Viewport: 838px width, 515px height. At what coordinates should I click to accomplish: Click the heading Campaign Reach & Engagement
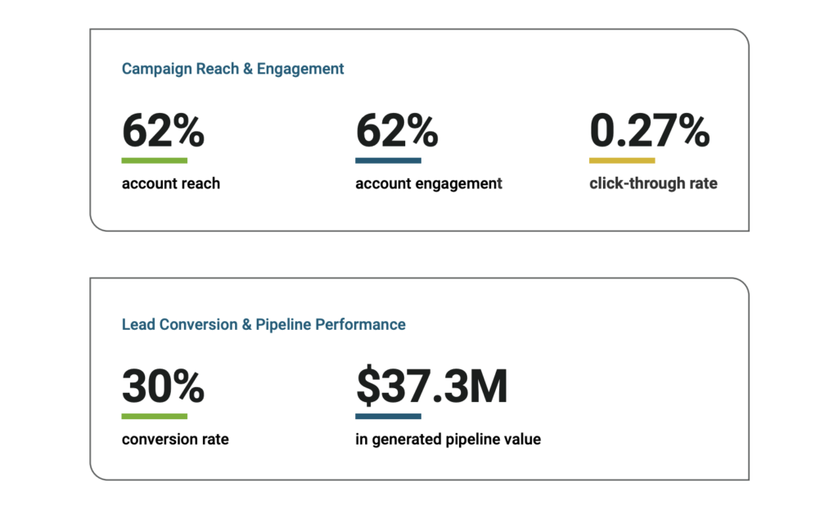click(x=232, y=70)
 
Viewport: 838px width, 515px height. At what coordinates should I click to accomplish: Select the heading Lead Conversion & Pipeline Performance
click(x=264, y=325)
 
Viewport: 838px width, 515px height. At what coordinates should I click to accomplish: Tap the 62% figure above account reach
click(x=163, y=131)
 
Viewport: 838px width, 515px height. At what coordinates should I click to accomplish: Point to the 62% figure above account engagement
click(x=397, y=131)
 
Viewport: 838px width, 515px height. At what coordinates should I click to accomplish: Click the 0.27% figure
click(x=649, y=131)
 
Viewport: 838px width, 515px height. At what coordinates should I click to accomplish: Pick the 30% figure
click(x=163, y=386)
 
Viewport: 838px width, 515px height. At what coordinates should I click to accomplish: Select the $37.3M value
click(x=431, y=386)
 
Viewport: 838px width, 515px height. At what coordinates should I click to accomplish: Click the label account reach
click(x=171, y=184)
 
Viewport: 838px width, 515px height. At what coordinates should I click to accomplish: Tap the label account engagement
click(x=429, y=184)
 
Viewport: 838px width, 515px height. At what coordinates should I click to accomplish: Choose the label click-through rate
click(x=653, y=184)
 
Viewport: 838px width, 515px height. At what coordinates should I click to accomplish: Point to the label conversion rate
click(x=175, y=440)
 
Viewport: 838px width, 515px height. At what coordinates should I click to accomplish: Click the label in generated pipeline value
click(x=448, y=440)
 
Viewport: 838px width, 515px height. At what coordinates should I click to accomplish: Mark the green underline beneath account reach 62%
click(x=155, y=160)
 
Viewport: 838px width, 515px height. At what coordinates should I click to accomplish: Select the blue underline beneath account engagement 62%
click(x=388, y=160)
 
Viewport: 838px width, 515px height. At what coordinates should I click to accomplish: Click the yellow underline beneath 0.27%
click(x=622, y=160)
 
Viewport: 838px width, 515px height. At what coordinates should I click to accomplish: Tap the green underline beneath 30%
click(x=155, y=416)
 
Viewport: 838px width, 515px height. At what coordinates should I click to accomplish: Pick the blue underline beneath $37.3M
click(x=388, y=416)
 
